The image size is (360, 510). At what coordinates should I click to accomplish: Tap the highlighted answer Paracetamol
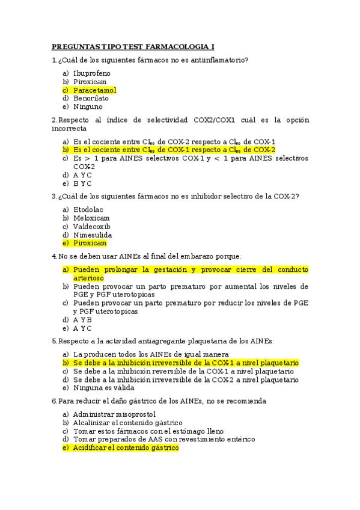94,90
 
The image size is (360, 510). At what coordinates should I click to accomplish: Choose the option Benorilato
91,99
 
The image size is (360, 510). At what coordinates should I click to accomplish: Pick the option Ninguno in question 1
88,107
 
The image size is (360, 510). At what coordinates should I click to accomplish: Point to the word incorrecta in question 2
69,129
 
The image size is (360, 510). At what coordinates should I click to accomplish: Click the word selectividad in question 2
166,120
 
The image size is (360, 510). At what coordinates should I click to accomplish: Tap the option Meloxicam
91,218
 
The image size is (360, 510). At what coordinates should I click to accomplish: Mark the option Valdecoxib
92,226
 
